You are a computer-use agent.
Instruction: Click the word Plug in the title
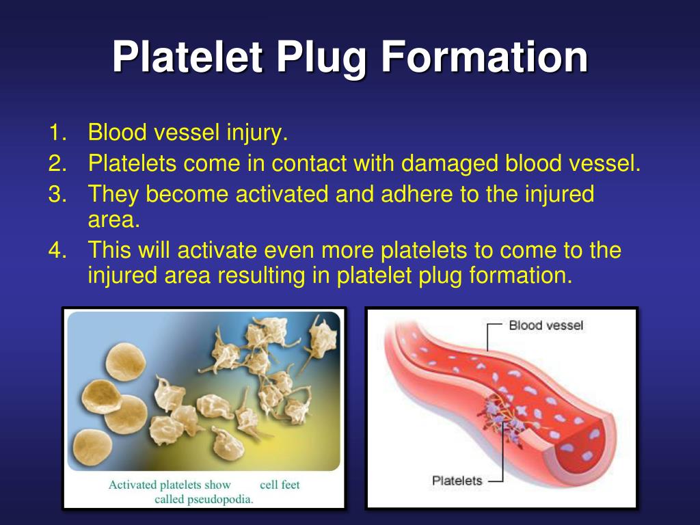tap(321, 58)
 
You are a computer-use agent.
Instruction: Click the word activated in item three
tap(282, 195)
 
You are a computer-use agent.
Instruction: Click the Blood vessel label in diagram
tap(546, 325)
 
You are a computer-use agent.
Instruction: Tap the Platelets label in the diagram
tap(457, 481)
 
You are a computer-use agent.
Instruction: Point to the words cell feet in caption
tap(280, 485)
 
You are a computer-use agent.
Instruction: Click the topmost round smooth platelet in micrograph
tap(123, 361)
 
